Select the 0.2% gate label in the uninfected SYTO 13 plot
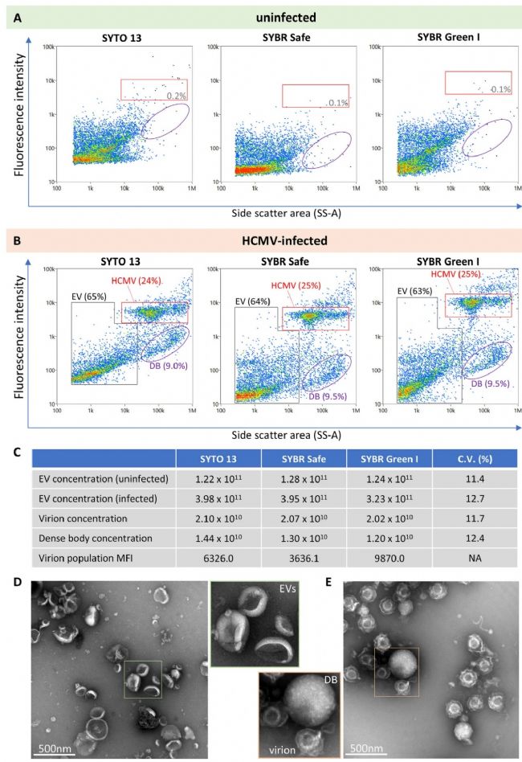coord(176,96)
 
